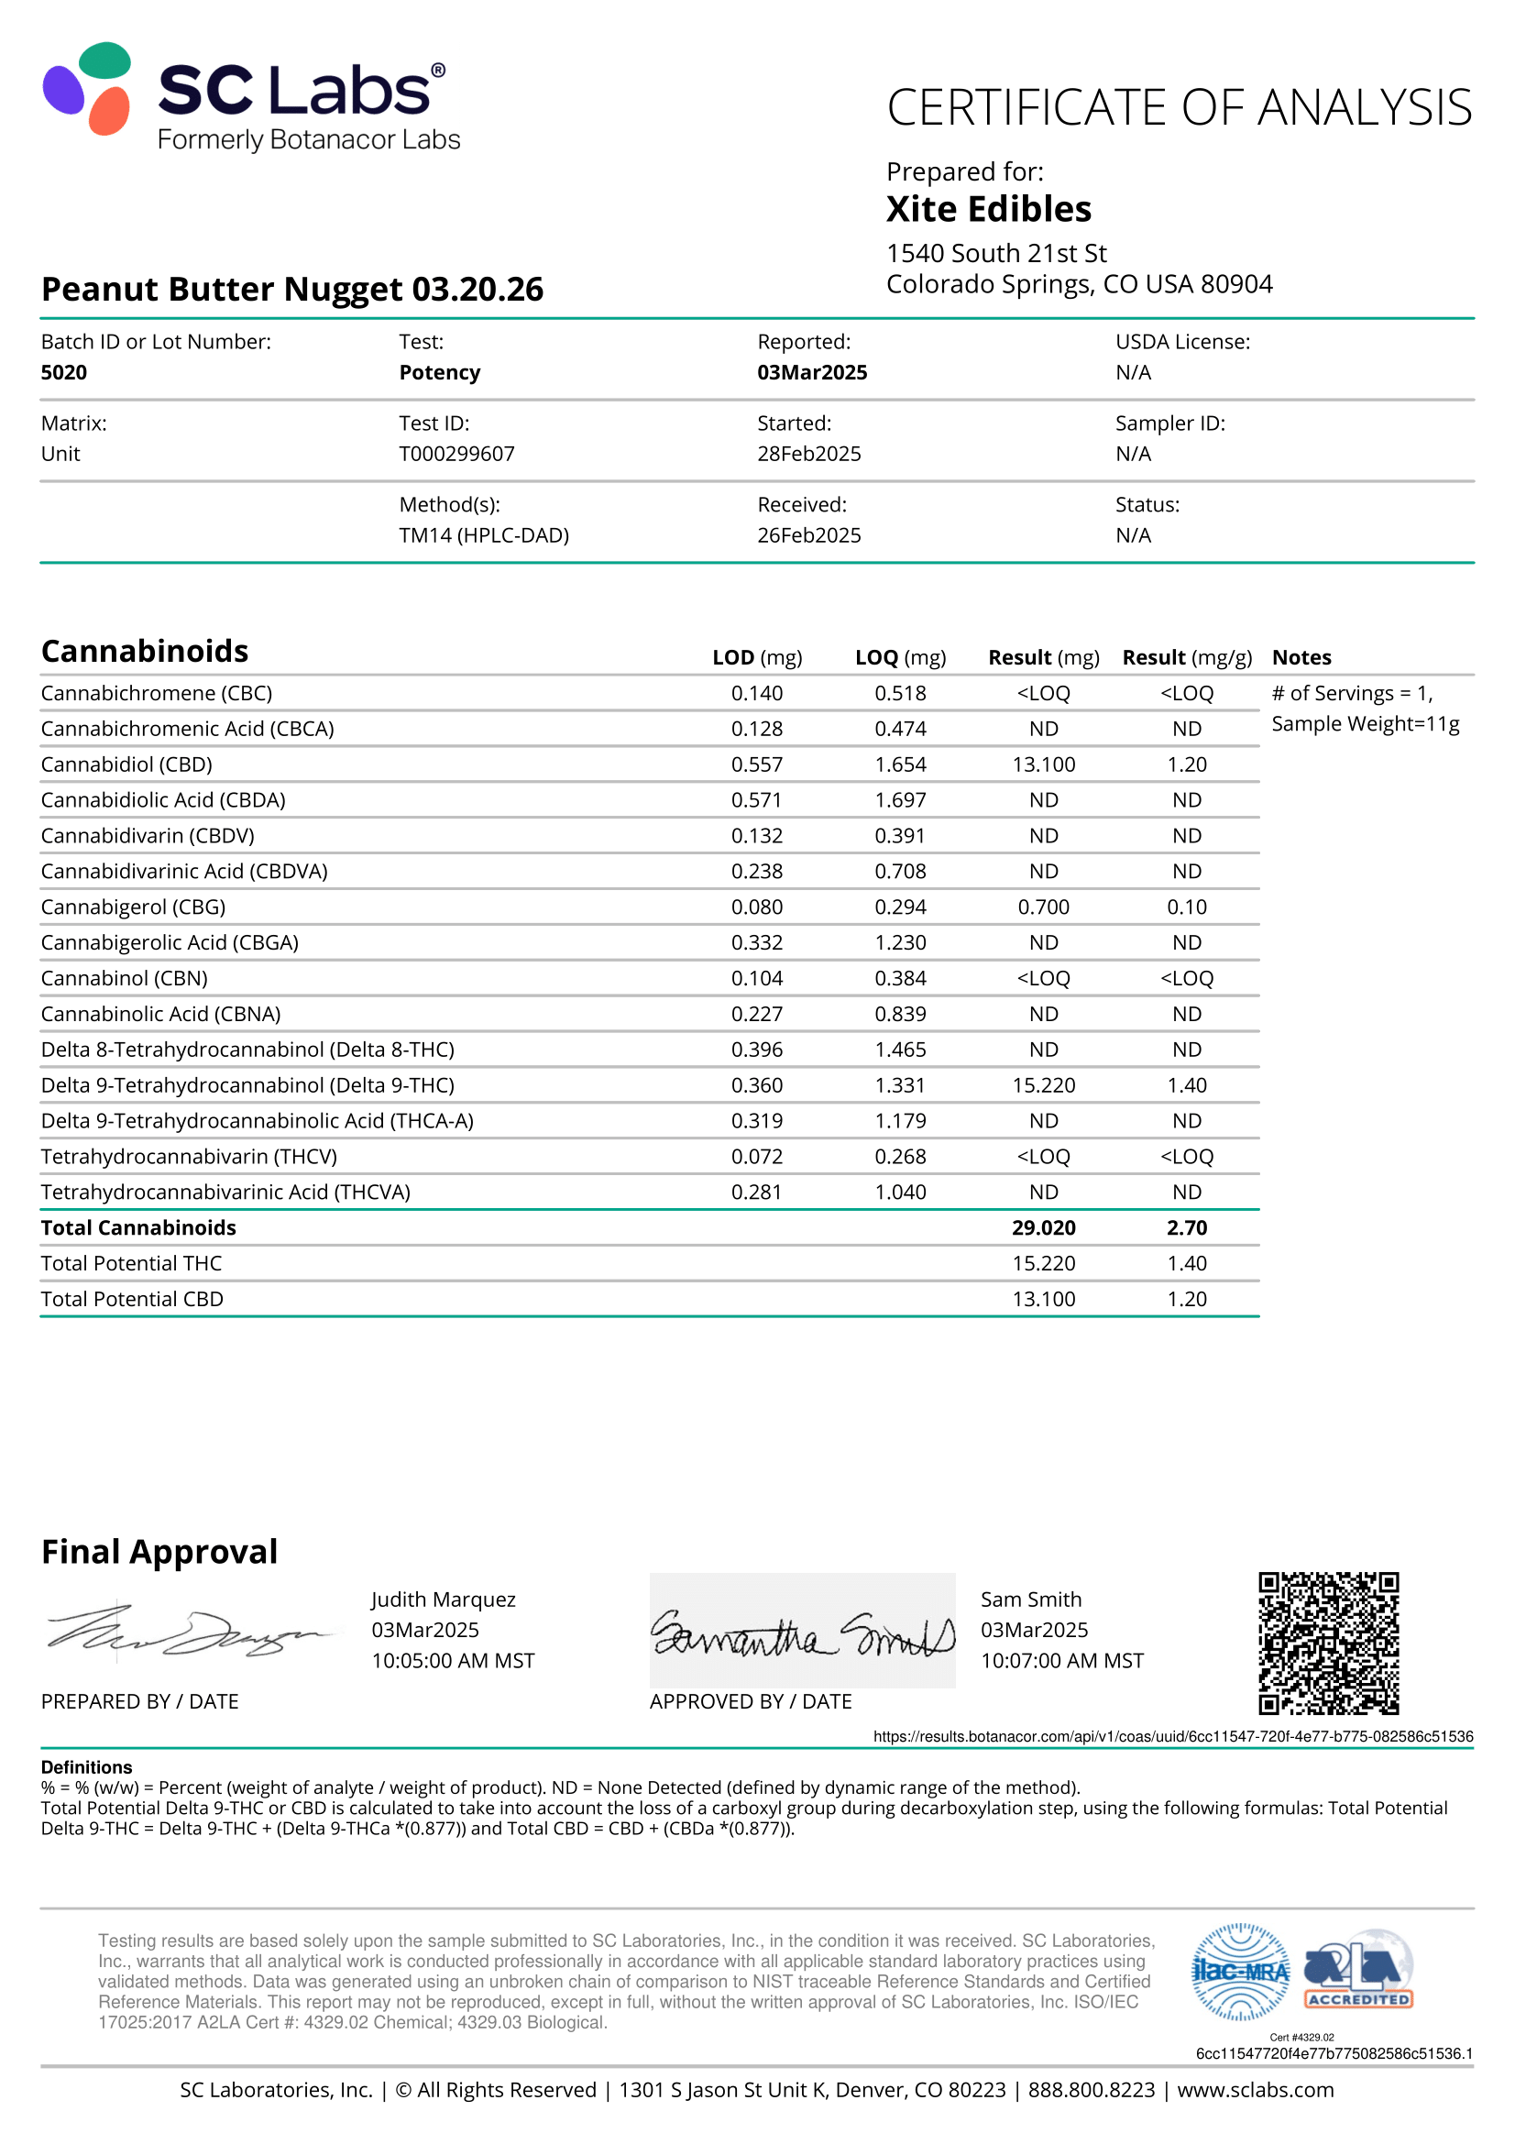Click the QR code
click(x=1327, y=1643)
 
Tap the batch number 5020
click(x=63, y=372)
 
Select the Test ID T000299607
click(x=456, y=454)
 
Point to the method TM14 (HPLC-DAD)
click(x=484, y=535)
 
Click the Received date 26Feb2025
click(x=808, y=535)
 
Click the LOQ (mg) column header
click(x=900, y=657)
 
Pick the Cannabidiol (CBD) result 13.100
click(x=1043, y=764)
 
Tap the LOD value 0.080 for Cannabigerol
click(x=756, y=907)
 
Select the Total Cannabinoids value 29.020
click(x=1043, y=1228)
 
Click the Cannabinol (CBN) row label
click(x=124, y=979)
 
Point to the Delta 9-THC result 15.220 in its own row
click(x=1043, y=1085)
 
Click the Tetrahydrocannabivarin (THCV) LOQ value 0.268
click(x=900, y=1157)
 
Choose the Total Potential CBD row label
click(x=132, y=1299)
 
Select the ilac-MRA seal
click(x=1241, y=1972)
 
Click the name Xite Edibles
click(x=988, y=209)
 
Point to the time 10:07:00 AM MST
click(x=1061, y=1660)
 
